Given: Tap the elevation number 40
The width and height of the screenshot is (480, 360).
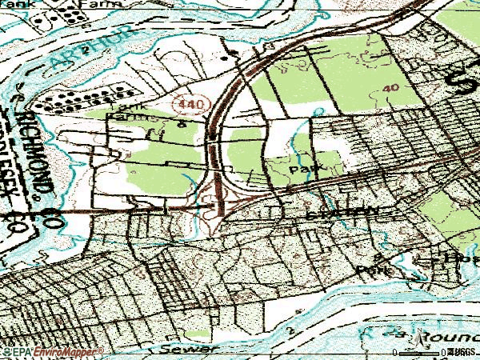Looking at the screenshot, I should coord(390,87).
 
